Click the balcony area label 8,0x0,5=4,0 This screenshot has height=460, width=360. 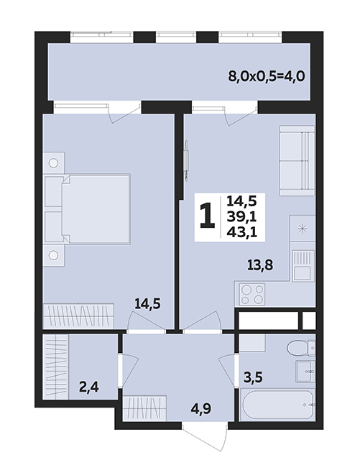coord(267,77)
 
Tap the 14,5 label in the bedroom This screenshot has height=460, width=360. coord(147,303)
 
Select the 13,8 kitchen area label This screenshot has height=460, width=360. coord(260,265)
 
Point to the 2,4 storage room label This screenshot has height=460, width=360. coord(89,387)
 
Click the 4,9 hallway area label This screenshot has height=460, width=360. coord(201,408)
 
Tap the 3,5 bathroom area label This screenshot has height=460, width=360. coord(254,377)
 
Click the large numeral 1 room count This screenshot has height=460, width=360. coord(208,216)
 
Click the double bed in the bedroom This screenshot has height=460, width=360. coord(87,209)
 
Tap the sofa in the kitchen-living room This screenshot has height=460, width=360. coord(297,160)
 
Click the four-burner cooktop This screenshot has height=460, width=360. coord(252,294)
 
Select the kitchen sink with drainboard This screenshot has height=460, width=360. coord(303,265)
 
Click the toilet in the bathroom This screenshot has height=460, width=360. coord(301,349)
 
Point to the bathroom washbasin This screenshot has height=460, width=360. coord(305,372)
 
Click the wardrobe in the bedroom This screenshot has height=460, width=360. coord(78,316)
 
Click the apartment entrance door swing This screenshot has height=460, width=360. coord(205,437)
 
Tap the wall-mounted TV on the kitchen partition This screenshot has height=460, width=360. coord(186,160)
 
